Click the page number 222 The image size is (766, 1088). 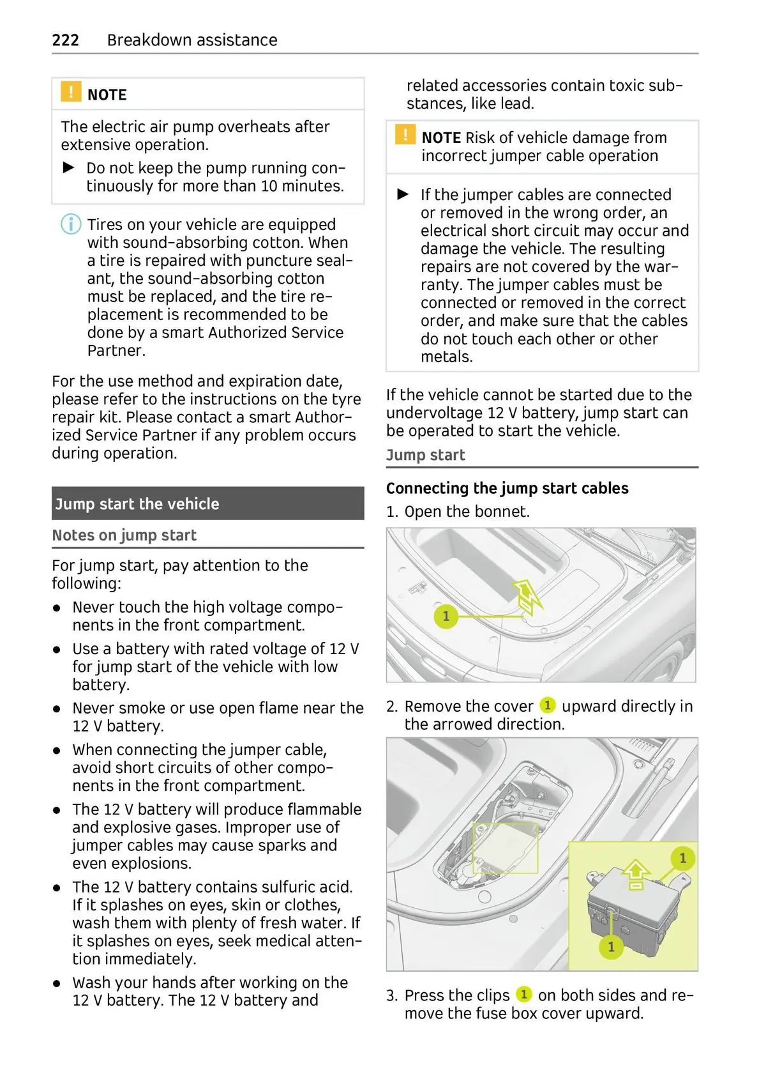[x=65, y=40]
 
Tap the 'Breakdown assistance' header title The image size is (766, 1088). [x=192, y=40]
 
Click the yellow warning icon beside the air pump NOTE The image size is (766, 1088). [x=71, y=92]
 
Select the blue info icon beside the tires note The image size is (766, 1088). [x=71, y=225]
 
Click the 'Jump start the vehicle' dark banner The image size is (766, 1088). [x=207, y=503]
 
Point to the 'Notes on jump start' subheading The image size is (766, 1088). [x=124, y=535]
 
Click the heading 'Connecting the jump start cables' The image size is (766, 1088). [x=507, y=488]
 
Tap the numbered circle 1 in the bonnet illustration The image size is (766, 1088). [x=446, y=617]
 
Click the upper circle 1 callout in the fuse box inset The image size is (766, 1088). [x=682, y=858]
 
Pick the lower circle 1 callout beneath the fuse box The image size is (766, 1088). [x=611, y=946]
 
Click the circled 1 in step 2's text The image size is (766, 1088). [x=547, y=705]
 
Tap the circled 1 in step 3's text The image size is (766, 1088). [x=523, y=994]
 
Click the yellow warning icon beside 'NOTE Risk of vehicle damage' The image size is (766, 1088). [x=405, y=135]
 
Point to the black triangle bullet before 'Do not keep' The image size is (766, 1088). [x=69, y=168]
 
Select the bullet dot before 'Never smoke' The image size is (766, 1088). [x=57, y=709]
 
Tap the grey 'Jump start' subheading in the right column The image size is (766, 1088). [x=425, y=455]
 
